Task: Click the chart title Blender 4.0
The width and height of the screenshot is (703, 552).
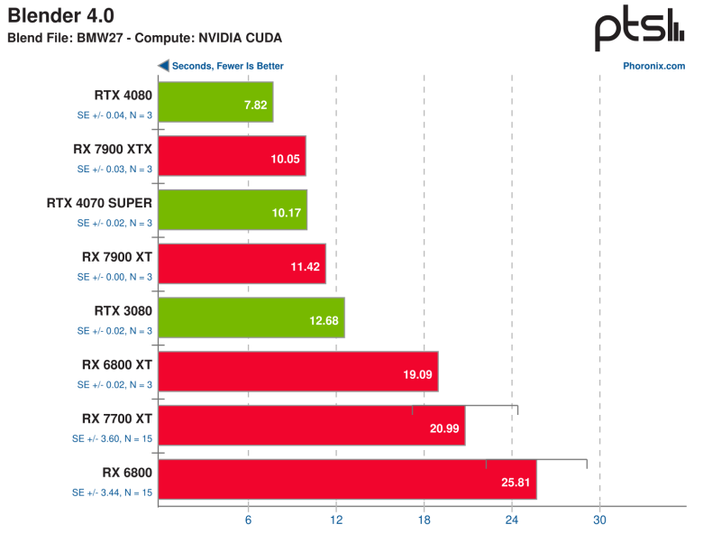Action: click(x=61, y=15)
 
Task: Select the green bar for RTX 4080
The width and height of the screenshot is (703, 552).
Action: click(x=215, y=102)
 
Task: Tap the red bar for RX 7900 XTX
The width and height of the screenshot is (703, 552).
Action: click(x=232, y=156)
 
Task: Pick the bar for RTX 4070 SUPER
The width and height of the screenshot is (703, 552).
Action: click(x=233, y=209)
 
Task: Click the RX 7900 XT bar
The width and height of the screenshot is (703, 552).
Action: click(x=242, y=263)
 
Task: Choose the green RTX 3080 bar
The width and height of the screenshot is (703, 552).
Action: click(x=251, y=317)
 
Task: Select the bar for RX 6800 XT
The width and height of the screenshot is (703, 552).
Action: click(x=298, y=372)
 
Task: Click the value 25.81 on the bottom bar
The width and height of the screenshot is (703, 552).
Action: click(x=516, y=483)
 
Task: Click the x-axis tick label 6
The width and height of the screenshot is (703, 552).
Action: click(x=248, y=520)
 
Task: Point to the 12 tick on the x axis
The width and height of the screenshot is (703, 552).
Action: click(x=336, y=520)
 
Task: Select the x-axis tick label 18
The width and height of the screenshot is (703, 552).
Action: click(x=424, y=520)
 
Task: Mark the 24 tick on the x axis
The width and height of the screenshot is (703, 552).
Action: click(x=512, y=520)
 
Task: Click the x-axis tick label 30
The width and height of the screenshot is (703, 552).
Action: click(x=600, y=520)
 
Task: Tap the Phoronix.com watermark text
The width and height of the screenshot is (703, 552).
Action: click(x=653, y=66)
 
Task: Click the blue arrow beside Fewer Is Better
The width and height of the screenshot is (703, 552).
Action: click(x=163, y=66)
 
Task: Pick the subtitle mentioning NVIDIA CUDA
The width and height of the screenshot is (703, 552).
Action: click(x=144, y=38)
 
